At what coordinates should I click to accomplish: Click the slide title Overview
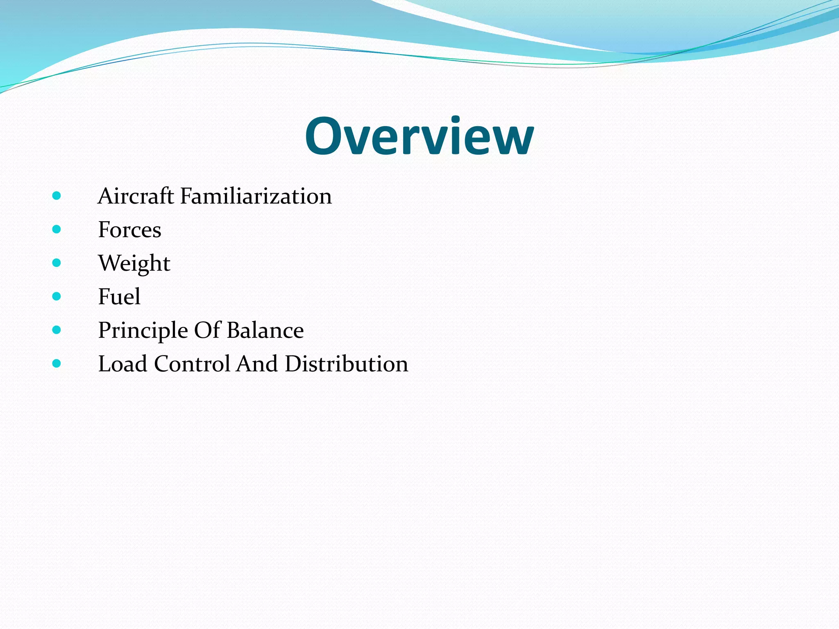click(x=419, y=136)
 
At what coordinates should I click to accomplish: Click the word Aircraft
click(x=136, y=196)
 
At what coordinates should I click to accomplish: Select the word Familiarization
click(x=256, y=196)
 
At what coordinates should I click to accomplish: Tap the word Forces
click(x=129, y=230)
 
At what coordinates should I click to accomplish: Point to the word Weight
click(x=134, y=263)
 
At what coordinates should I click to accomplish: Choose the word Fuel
click(x=119, y=297)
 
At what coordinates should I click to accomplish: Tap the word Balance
click(x=265, y=330)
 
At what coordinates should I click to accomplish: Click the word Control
click(x=192, y=364)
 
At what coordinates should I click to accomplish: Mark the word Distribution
click(x=346, y=364)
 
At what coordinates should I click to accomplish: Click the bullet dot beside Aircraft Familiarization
click(x=57, y=196)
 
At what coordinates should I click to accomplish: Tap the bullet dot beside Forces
click(x=57, y=229)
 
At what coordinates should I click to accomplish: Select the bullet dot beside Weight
click(x=57, y=263)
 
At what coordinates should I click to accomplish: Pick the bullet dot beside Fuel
click(x=57, y=296)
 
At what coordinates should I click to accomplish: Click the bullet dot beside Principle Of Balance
click(x=57, y=330)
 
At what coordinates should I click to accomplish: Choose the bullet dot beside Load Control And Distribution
click(x=57, y=364)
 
